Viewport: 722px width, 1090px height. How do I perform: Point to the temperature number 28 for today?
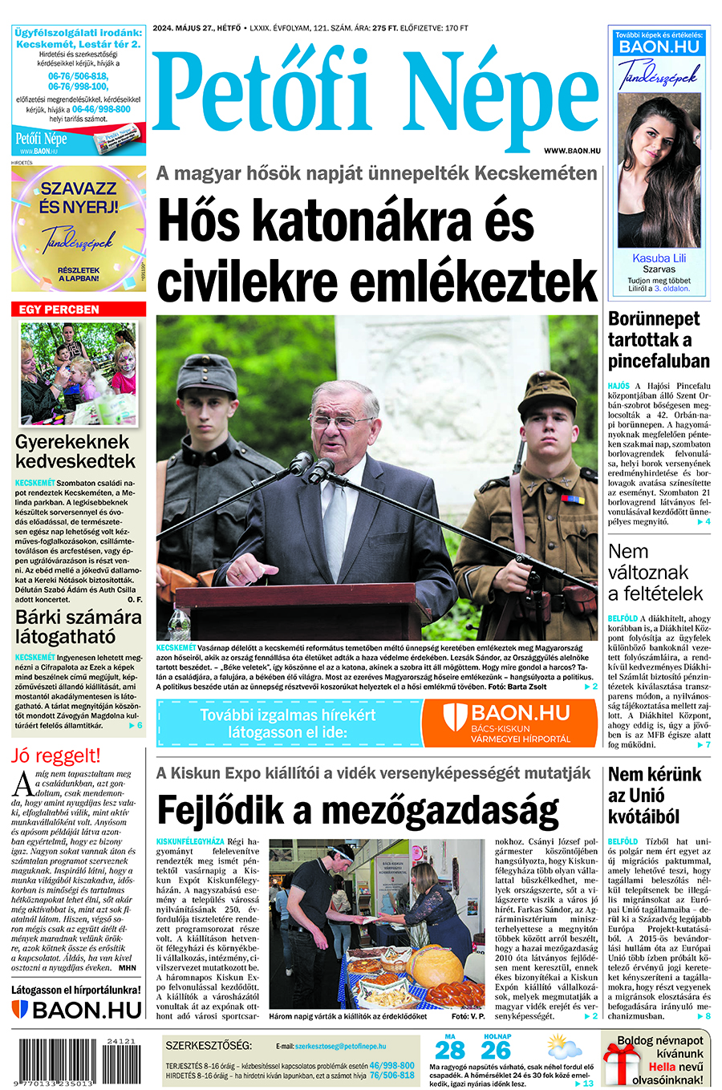(x=450, y=1050)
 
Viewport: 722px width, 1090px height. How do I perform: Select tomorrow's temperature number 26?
(x=497, y=1050)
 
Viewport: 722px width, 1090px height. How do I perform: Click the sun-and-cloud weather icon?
(x=564, y=1047)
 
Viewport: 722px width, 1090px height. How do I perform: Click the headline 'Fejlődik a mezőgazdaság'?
(x=358, y=810)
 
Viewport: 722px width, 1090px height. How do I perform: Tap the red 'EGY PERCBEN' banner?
(x=79, y=309)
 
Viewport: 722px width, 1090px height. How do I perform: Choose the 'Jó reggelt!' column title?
(x=56, y=756)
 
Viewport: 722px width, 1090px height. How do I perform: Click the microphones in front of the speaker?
(x=310, y=467)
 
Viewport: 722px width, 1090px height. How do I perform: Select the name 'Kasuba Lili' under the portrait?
(x=659, y=258)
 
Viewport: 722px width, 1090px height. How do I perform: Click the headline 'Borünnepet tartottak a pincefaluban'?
(x=659, y=339)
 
